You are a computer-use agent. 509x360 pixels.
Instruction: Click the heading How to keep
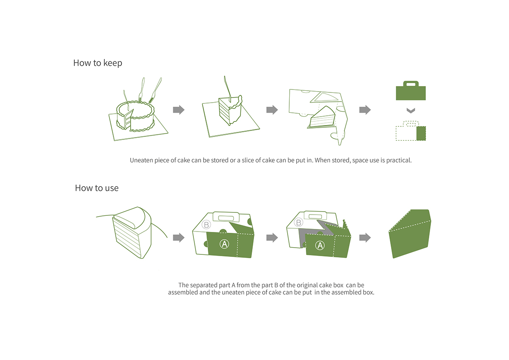(98, 63)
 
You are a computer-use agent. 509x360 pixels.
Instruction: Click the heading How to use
(97, 188)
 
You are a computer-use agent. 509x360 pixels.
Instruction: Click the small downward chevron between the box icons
(410, 111)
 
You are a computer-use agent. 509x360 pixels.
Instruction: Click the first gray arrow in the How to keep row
(179, 110)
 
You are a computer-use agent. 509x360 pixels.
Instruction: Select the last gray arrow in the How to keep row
(365, 110)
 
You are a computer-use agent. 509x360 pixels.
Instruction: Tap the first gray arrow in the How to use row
(179, 237)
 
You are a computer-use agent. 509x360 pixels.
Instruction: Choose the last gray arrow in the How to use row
(365, 237)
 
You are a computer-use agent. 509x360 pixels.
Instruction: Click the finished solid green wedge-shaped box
(411, 233)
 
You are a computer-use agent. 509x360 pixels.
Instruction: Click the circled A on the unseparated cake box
(224, 243)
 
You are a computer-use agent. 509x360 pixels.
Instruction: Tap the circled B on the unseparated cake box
(207, 224)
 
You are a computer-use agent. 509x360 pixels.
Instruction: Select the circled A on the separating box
(320, 245)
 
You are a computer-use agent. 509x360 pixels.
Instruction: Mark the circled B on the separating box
(299, 222)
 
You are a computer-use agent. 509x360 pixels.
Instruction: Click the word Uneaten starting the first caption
(142, 161)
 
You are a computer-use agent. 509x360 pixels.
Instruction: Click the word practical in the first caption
(398, 161)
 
